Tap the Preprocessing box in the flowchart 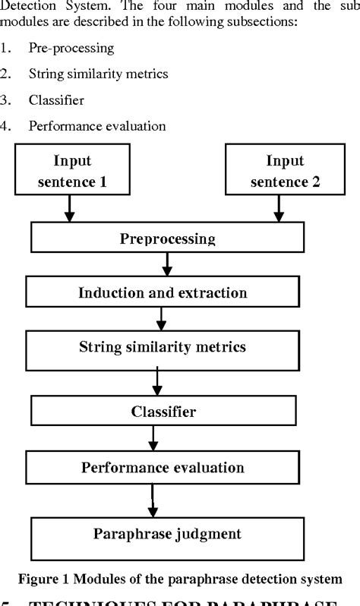168,239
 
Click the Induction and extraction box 163,292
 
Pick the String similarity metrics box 163,348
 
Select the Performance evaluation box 163,467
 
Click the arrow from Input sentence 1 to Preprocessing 70,208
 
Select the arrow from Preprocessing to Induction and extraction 168,264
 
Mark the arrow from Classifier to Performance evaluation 153,439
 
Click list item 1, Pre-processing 71,48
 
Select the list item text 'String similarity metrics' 98,74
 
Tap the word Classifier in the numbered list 56,99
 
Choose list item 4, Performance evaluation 97,125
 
